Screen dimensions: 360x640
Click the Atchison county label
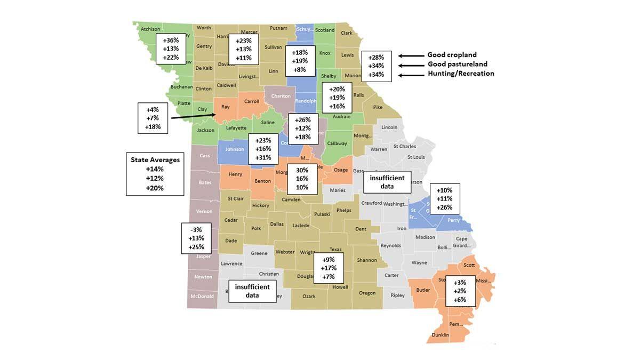[x=150, y=29]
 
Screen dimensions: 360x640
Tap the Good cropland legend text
[x=452, y=55]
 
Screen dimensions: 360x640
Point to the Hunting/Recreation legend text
[x=461, y=74]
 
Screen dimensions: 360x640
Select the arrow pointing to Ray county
[x=194, y=114]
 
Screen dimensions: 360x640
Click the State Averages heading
[x=155, y=159]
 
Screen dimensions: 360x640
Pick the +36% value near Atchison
[x=171, y=40]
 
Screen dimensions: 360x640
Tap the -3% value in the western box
[x=196, y=229]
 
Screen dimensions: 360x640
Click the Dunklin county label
[x=441, y=335]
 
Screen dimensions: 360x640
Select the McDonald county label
[x=202, y=297]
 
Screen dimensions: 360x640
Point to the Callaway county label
[x=337, y=143]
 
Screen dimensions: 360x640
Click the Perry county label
[x=454, y=220]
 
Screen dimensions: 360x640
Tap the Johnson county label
[x=234, y=149]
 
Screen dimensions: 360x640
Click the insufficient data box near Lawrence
[x=252, y=291]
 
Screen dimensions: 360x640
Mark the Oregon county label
[x=367, y=293]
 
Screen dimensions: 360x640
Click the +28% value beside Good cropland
[x=377, y=57]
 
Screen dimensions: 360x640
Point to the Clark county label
[x=347, y=33]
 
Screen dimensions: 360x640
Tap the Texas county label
[x=335, y=250]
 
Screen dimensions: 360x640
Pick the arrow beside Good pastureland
[x=411, y=65]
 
